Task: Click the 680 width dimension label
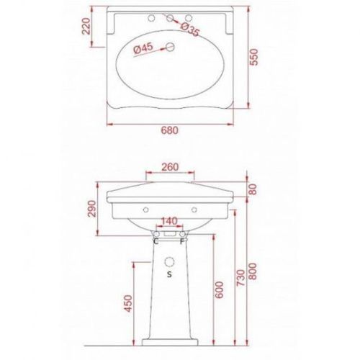click(x=170, y=130)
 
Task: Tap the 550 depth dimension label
click(x=253, y=57)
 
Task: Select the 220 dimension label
click(x=86, y=26)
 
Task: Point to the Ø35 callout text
click(x=190, y=30)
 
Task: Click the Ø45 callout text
click(x=143, y=49)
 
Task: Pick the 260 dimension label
click(x=170, y=167)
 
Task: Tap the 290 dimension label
click(x=92, y=209)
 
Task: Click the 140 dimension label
click(x=169, y=221)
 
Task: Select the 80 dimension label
click(x=253, y=189)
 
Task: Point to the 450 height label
click(x=128, y=304)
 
